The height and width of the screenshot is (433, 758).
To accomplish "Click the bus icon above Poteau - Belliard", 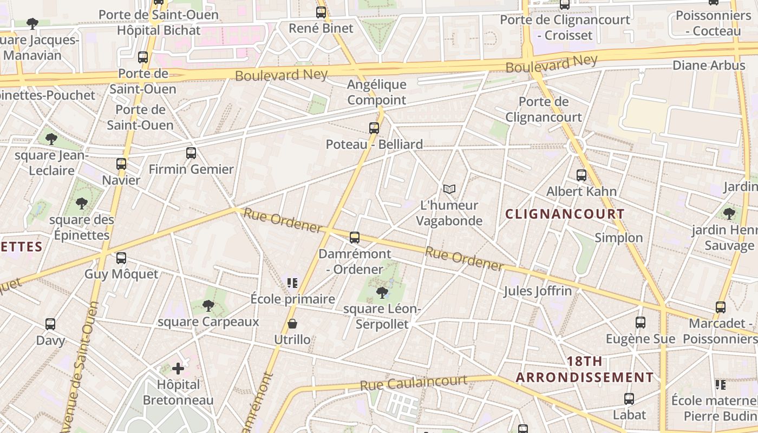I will (x=374, y=128).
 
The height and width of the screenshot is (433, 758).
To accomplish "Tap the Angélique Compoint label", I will (x=377, y=92).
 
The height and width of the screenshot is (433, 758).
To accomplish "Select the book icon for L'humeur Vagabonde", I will (x=449, y=189).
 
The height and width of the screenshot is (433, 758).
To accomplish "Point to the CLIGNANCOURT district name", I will (x=565, y=214).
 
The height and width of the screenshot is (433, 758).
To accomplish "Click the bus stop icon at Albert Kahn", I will (x=581, y=175).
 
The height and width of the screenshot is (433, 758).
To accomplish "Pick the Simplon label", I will (x=619, y=238).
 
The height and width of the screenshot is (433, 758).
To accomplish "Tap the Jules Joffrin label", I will (x=538, y=291).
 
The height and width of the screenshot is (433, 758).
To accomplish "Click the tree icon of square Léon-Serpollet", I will (x=382, y=293).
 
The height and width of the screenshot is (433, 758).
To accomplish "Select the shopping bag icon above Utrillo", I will (x=292, y=324).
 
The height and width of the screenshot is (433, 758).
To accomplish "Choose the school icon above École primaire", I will (x=292, y=283).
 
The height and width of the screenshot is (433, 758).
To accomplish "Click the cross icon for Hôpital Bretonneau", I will (x=178, y=369).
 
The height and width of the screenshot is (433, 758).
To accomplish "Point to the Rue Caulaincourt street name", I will (x=414, y=383).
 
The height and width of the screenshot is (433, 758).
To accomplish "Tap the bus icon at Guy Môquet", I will (x=121, y=258).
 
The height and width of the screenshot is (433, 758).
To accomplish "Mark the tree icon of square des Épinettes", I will (x=82, y=204).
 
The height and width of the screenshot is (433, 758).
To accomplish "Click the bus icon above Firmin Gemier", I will (x=191, y=153).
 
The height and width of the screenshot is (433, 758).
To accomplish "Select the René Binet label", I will (x=321, y=28).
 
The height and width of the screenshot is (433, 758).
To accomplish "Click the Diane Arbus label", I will (x=709, y=65).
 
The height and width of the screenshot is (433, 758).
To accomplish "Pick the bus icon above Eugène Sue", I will (x=641, y=323).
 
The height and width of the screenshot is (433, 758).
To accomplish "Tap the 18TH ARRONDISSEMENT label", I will (x=585, y=369).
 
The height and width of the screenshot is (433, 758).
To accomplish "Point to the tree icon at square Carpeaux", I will (x=208, y=306).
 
